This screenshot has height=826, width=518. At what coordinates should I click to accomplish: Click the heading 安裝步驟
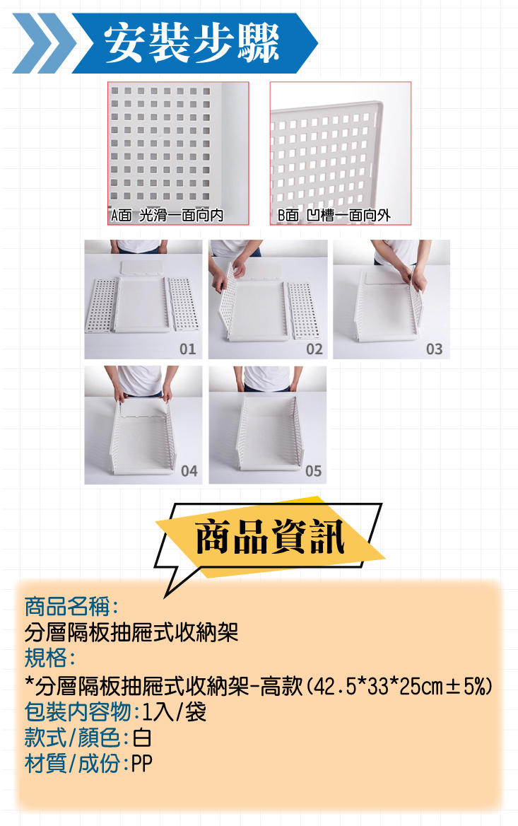192,43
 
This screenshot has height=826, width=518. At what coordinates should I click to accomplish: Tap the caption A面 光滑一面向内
167,216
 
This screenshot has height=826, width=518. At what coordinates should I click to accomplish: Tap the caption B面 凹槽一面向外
334,216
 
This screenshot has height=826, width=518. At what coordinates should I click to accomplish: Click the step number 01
187,349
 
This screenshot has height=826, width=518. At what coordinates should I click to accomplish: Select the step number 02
314,349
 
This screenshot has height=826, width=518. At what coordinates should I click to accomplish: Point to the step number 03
435,349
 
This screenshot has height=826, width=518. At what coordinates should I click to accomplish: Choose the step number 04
189,471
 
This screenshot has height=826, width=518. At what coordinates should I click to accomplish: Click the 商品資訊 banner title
270,537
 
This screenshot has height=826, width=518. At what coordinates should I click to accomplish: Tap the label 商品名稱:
71,606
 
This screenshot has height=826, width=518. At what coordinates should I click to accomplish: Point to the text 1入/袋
175,712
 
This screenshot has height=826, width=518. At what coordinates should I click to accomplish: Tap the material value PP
141,763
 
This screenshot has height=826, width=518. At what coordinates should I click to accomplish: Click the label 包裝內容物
78,712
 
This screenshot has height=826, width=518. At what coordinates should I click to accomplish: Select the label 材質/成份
73,763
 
